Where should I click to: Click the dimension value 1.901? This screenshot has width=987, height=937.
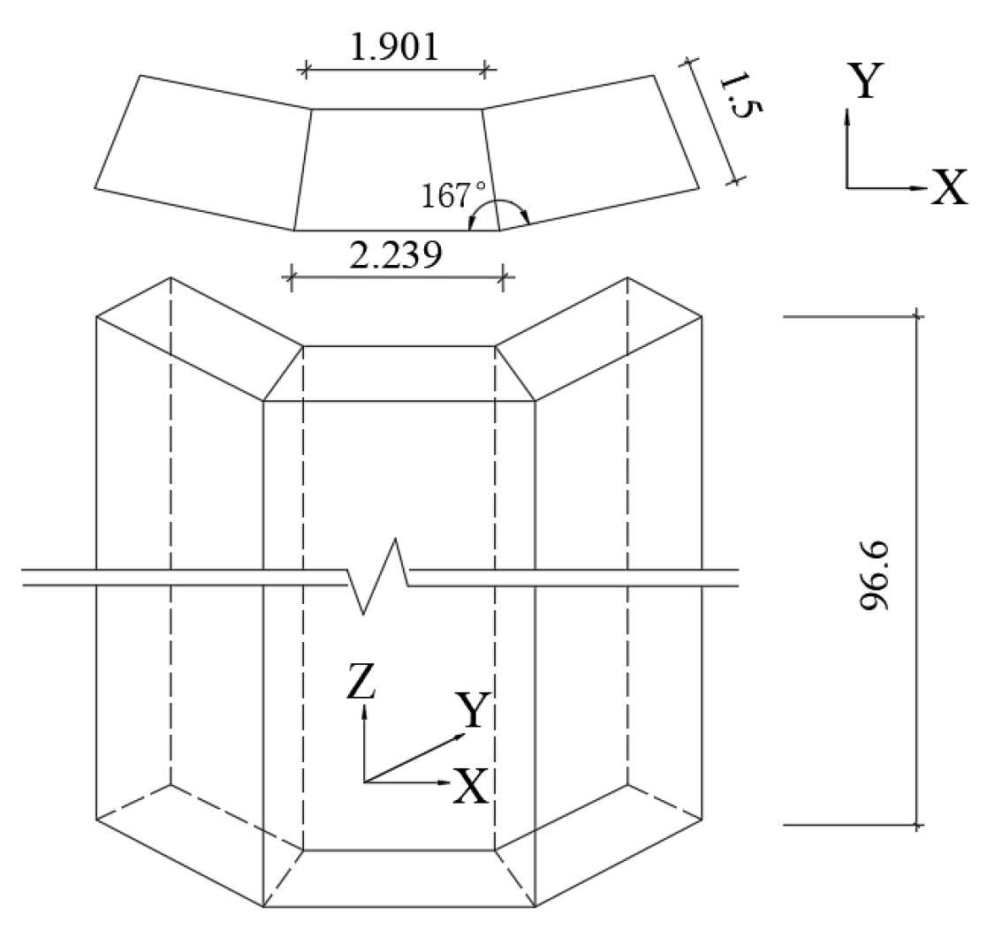pyautogui.click(x=394, y=46)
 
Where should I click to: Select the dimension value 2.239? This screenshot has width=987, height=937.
pyautogui.click(x=395, y=256)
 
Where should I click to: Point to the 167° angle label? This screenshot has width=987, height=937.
pyautogui.click(x=451, y=194)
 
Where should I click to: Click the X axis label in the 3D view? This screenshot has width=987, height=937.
pyautogui.click(x=470, y=785)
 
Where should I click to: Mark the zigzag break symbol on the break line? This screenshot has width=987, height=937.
pyautogui.click(x=378, y=576)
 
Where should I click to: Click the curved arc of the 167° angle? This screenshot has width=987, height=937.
pyautogui.click(x=499, y=203)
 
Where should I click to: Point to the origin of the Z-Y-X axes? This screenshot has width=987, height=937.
pyautogui.click(x=363, y=781)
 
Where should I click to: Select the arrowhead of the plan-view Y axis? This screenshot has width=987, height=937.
pyautogui.click(x=847, y=116)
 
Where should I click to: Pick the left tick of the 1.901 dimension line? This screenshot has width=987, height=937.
pyautogui.click(x=307, y=70)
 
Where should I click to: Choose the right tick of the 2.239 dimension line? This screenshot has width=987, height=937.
pyautogui.click(x=503, y=279)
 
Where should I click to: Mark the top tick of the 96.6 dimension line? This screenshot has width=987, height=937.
pyautogui.click(x=917, y=314)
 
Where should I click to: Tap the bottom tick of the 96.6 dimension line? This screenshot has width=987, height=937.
pyautogui.click(x=917, y=826)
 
